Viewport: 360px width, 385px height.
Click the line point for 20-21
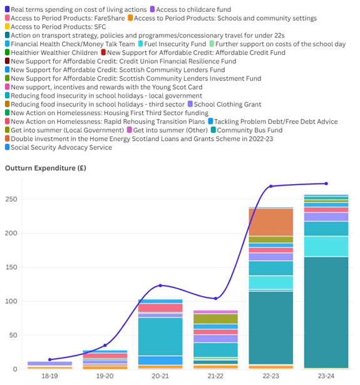coord(160,285)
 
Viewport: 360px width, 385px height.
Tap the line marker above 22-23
coord(271,186)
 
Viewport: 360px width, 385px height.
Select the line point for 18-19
coord(50,359)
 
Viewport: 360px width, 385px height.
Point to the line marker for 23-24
coord(326,183)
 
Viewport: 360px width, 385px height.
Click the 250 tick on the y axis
coord(11,199)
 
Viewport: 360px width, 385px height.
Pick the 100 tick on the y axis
coord(11,301)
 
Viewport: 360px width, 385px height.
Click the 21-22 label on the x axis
coord(215,376)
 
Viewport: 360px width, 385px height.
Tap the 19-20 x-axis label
coord(105,376)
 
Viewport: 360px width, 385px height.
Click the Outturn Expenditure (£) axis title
coord(46,168)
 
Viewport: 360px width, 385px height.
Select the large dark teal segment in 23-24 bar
coord(326,312)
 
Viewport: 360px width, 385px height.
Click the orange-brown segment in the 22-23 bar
coord(271,222)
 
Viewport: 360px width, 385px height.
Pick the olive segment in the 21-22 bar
coord(215,319)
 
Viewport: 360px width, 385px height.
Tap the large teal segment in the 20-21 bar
coord(160,337)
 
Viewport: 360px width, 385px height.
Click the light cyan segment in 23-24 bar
coord(326,247)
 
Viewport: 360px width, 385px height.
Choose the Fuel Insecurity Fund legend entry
coord(172,44)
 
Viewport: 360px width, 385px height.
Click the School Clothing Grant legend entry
coord(224,104)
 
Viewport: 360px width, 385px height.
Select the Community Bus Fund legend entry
coord(247,130)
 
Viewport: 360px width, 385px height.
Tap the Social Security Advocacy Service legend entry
coord(58,147)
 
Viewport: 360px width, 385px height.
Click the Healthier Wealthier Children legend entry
coord(51,53)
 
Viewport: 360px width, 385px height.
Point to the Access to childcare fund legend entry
coord(190,9)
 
